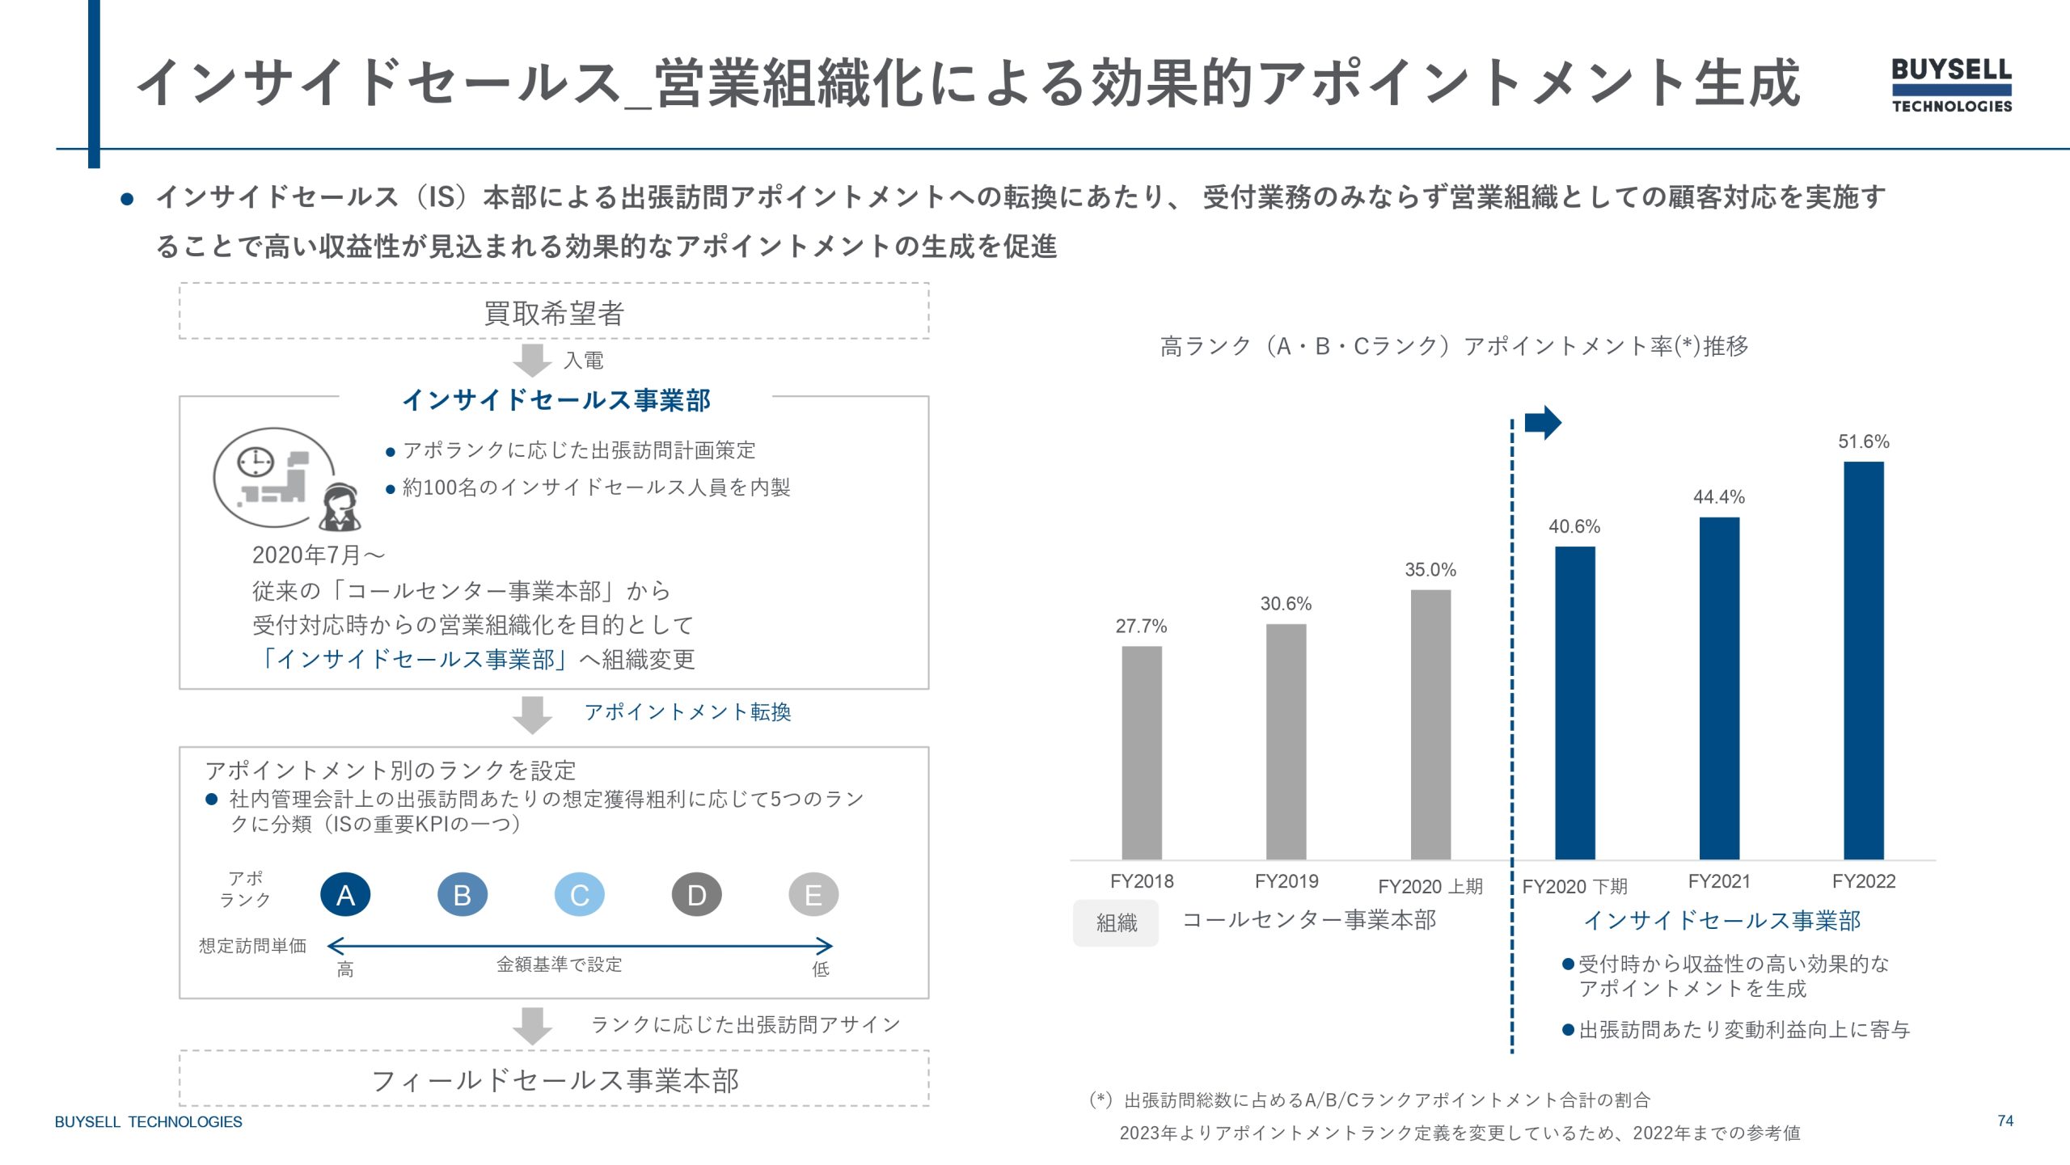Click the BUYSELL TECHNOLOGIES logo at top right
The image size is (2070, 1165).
pos(1951,85)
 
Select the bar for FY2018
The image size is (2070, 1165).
pos(1141,752)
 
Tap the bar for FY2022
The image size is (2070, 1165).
pos(1863,660)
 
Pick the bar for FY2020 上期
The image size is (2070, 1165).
pos(1430,724)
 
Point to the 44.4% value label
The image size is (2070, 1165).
pos(1719,497)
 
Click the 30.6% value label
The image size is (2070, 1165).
pos(1286,604)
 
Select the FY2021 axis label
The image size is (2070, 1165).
pos(1719,881)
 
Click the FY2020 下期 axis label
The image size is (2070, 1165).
pos(1574,887)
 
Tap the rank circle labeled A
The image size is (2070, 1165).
pos(345,895)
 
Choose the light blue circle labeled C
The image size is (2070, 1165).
pos(579,895)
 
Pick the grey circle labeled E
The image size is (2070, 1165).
pos(813,895)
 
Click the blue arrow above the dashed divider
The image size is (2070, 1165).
pos(1543,422)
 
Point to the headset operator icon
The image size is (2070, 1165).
pos(340,508)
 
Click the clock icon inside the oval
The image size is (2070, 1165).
pos(256,462)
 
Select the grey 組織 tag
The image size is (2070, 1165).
pos(1116,922)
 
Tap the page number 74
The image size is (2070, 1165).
pos(2005,1121)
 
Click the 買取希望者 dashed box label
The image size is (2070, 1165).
pos(554,313)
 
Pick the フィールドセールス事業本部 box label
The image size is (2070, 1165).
pos(555,1081)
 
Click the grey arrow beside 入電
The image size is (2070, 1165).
pos(532,361)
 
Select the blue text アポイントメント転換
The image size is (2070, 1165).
pos(687,712)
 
